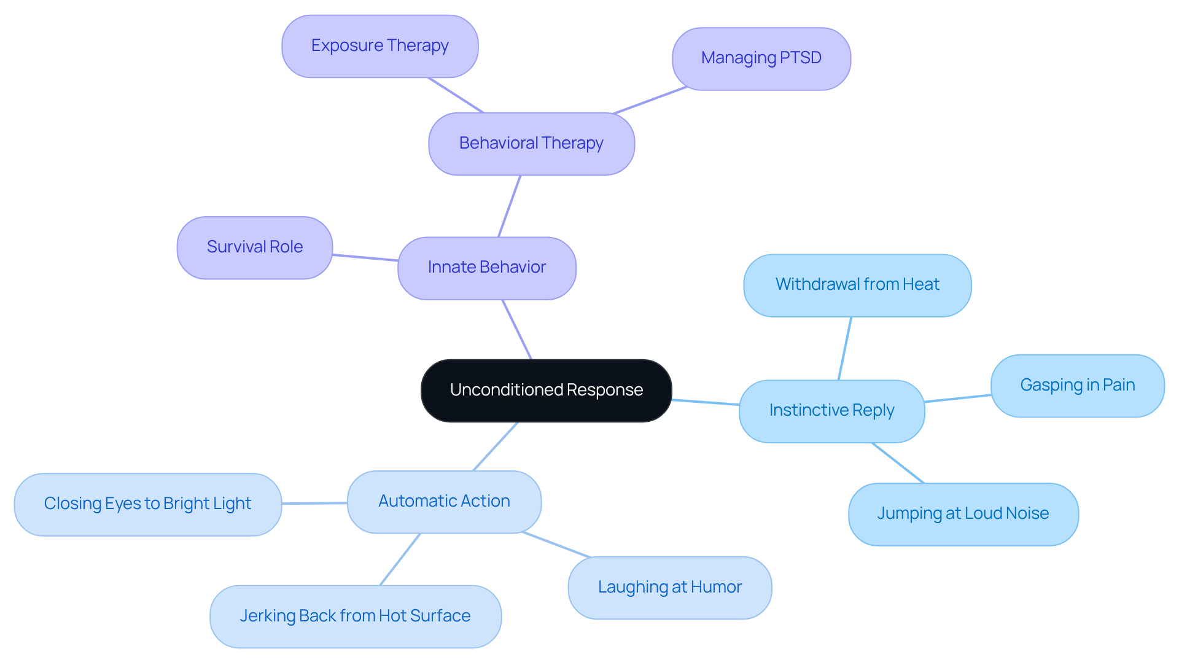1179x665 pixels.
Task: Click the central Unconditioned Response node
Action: click(546, 391)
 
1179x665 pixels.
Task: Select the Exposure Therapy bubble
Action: click(379, 47)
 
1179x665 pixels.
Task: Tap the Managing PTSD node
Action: click(761, 59)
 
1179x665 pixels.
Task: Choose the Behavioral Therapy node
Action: click(531, 144)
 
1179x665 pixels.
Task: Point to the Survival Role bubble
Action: click(254, 247)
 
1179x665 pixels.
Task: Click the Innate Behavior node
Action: click(486, 268)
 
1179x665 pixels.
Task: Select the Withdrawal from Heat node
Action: click(857, 286)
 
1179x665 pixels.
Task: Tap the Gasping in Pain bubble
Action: click(1077, 386)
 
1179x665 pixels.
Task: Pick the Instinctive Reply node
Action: click(831, 411)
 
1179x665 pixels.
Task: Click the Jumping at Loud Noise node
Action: click(963, 514)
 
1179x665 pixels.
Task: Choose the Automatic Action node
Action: click(444, 502)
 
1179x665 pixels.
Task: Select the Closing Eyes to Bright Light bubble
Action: click(147, 504)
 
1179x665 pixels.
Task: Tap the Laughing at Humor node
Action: click(669, 588)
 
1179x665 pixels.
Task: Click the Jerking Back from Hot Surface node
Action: click(355, 616)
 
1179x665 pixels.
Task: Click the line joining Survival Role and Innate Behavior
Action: click(365, 258)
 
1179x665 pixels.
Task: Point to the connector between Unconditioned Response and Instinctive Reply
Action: click(706, 402)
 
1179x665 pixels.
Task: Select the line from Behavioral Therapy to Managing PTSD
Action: click(650, 100)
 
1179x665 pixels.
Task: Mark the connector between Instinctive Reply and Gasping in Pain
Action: click(958, 399)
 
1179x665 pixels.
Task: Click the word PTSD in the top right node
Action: click(801, 58)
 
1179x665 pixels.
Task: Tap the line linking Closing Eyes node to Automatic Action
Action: click(314, 504)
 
